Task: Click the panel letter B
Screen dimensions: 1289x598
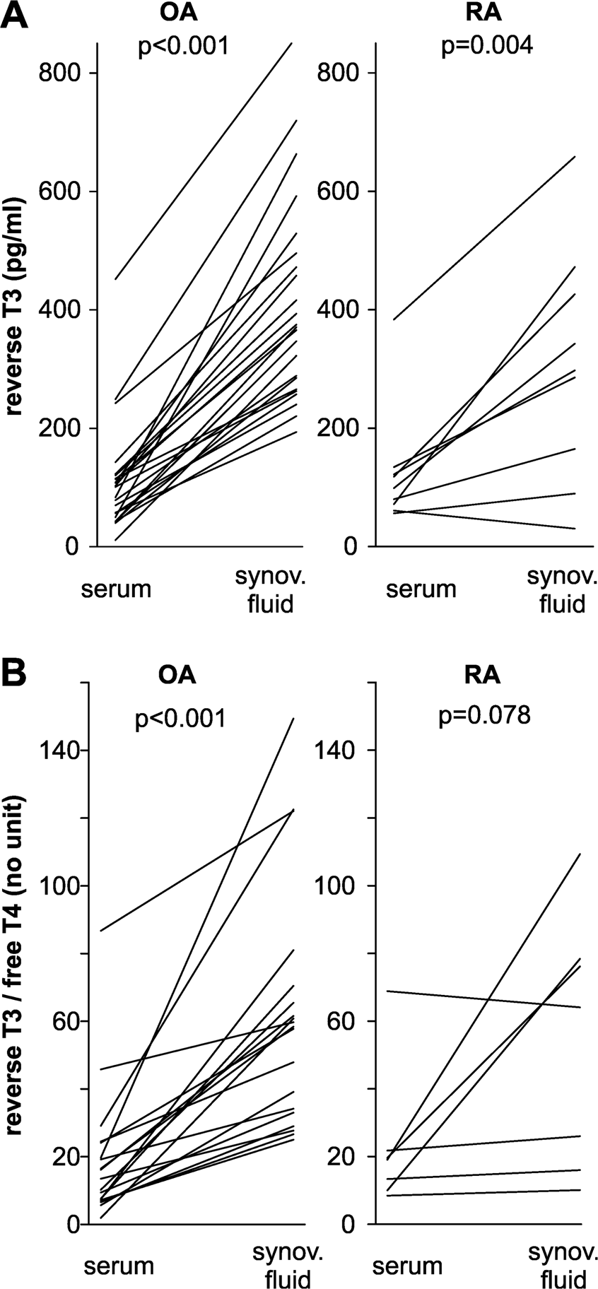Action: [x=16, y=673]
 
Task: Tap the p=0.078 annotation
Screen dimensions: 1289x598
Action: [x=484, y=716]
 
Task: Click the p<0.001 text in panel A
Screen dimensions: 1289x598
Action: [x=183, y=47]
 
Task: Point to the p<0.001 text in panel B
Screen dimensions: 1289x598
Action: [x=181, y=719]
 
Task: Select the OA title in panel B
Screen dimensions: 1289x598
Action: [x=177, y=674]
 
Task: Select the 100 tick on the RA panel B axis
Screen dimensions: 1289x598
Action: [x=341, y=885]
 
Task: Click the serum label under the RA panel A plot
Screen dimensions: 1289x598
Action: [x=421, y=588]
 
